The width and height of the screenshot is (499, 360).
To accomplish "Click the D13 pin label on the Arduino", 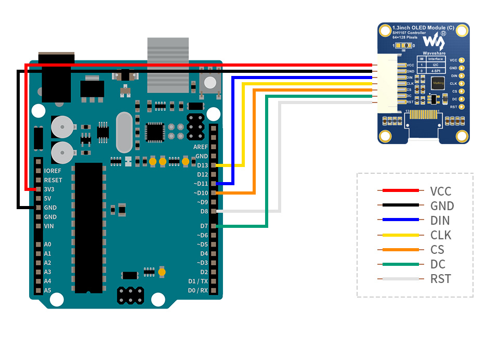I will [x=202, y=165].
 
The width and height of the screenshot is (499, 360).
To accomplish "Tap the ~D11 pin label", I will [x=201, y=184].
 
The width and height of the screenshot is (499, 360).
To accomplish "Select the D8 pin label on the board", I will [x=204, y=211].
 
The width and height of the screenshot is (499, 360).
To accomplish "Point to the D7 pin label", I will [x=204, y=226].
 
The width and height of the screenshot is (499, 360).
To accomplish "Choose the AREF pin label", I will [x=200, y=147].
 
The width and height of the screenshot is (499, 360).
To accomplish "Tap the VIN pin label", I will [x=49, y=226].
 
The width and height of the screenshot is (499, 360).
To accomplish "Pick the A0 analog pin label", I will [x=48, y=244].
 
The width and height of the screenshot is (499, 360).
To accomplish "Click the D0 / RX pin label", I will [x=198, y=290].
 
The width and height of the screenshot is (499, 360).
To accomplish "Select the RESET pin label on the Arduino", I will [x=53, y=180].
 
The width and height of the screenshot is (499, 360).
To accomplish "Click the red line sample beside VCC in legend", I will [x=400, y=191].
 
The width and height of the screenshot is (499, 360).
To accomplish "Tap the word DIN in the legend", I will [x=440, y=221].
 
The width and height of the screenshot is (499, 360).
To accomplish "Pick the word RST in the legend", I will [x=440, y=279].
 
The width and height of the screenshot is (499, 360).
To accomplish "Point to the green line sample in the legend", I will [x=400, y=264].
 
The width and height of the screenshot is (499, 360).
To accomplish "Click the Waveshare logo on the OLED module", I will [x=433, y=41].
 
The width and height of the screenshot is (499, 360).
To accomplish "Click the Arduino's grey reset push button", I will [x=210, y=82].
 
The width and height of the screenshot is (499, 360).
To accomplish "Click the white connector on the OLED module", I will [x=387, y=83].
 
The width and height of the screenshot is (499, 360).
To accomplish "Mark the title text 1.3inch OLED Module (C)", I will [x=423, y=27].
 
